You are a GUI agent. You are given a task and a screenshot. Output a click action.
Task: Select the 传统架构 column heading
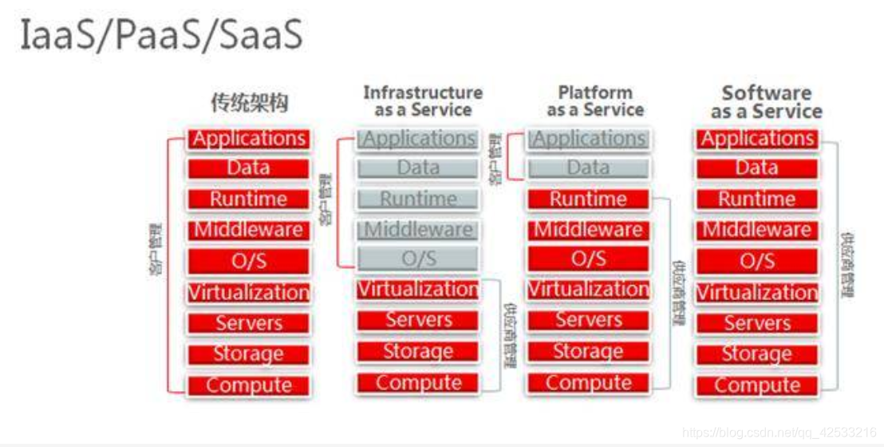click(x=249, y=103)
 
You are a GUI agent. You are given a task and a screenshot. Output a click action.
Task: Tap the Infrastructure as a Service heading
click(x=423, y=101)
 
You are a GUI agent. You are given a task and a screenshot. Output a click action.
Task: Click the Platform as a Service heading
click(x=595, y=101)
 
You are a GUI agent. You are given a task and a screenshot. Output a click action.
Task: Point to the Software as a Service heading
click(x=766, y=102)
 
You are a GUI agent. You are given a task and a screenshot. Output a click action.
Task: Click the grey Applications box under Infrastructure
click(x=419, y=139)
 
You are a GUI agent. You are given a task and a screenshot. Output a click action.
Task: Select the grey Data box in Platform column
click(x=588, y=168)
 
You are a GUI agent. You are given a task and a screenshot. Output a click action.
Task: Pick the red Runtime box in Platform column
click(x=588, y=200)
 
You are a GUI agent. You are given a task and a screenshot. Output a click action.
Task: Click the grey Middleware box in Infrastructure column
click(x=419, y=231)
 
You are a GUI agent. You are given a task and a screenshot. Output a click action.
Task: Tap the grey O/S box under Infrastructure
click(x=419, y=259)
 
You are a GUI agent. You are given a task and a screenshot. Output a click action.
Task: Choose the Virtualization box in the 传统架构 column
click(x=249, y=293)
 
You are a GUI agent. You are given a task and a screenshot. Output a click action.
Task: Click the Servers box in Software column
click(x=757, y=323)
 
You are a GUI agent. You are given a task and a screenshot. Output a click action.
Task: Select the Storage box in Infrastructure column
click(x=419, y=352)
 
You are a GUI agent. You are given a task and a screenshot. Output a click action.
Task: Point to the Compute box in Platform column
click(x=588, y=383)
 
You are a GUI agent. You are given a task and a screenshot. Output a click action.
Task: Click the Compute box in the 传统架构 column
click(x=249, y=386)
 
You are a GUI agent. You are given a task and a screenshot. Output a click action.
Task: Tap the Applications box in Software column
click(x=757, y=139)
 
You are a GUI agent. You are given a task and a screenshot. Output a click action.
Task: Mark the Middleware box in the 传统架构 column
click(x=249, y=231)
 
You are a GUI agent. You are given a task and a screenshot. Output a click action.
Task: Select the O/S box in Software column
click(x=757, y=261)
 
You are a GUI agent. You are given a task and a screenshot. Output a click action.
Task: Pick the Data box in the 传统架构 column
click(x=249, y=168)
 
